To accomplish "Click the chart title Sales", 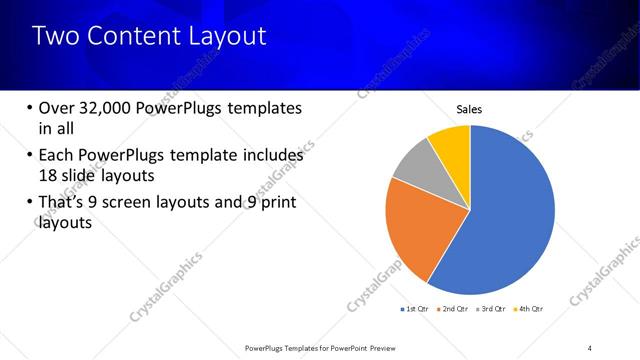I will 470,109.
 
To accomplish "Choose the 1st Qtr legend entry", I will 415,308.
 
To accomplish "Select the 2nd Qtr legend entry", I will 454,308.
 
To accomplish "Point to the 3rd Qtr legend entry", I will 492,308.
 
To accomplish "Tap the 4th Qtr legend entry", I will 530,308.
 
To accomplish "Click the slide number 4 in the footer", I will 590,347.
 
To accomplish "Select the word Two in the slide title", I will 53,37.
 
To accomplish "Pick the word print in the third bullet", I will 275,203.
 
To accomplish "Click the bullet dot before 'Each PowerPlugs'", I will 28,156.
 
